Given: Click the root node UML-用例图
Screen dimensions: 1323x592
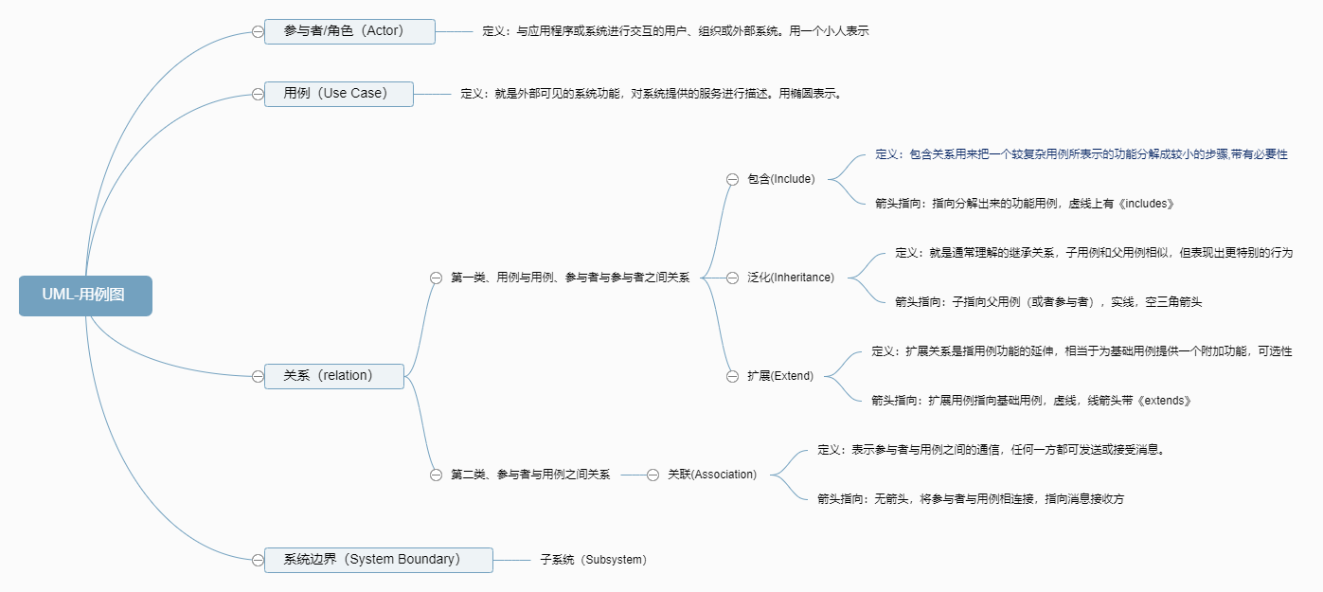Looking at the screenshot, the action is tap(85, 296).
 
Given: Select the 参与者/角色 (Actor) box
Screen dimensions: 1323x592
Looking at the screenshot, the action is tap(349, 31).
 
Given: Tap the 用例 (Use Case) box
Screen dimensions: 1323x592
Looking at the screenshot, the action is tap(338, 94).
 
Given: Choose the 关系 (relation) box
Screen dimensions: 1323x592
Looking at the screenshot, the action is tap(333, 376).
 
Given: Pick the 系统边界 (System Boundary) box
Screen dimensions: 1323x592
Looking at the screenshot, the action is tap(378, 560).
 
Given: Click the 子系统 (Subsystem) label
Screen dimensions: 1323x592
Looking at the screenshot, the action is tap(594, 560).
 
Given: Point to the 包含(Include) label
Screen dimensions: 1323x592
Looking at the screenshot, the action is tap(780, 179).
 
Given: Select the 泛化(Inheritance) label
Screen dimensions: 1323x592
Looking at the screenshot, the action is tap(791, 278).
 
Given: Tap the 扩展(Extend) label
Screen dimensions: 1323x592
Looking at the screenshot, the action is tap(780, 376).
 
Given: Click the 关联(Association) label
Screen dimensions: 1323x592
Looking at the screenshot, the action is tap(712, 475).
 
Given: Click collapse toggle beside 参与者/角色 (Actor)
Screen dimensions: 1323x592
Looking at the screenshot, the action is tap(258, 32).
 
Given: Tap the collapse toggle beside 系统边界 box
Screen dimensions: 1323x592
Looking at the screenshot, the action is tap(258, 560).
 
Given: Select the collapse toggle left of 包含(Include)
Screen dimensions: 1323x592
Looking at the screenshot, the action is tap(732, 180).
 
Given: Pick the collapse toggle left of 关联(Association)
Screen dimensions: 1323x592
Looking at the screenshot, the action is tap(653, 475).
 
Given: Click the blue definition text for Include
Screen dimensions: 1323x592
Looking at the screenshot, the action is tap(1082, 154).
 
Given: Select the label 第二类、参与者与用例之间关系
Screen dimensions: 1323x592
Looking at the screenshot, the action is tap(530, 475).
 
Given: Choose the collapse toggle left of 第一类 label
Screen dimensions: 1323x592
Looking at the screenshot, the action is tap(436, 278).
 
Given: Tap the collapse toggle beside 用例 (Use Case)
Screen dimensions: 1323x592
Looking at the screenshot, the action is tap(258, 95).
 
